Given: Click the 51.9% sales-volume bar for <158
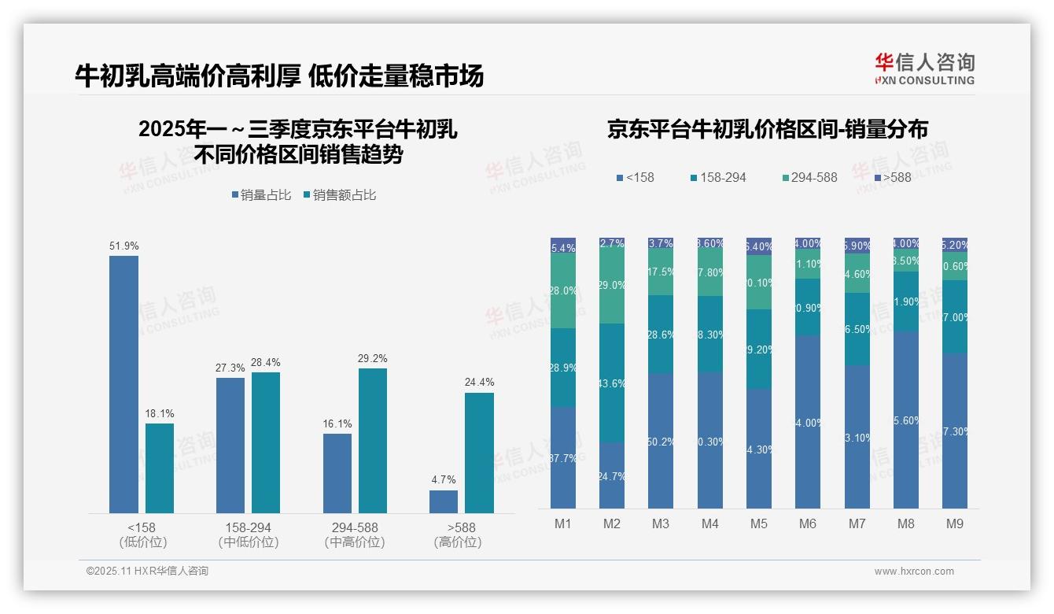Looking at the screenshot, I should pos(123,384).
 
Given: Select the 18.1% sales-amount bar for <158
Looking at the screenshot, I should pos(160,468).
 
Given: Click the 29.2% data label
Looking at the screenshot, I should pos(372,359).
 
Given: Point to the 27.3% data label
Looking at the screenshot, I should pos(230,368).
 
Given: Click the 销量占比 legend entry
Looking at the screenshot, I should pos(262,194).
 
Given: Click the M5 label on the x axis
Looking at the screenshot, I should pos(758,523).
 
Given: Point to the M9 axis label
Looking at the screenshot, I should pos(954,523).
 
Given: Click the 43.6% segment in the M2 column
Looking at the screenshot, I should pos(612,383).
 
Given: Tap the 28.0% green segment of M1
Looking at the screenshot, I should pos(563,290).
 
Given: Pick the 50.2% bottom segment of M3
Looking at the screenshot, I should pos(661,441).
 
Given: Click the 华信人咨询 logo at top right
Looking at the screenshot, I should pos(924,69).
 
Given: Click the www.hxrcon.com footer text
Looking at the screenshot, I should pos(914,571).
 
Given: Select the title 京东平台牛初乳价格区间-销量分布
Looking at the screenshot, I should pos(767,129).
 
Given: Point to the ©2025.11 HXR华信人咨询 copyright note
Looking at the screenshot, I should pos(147,571).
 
